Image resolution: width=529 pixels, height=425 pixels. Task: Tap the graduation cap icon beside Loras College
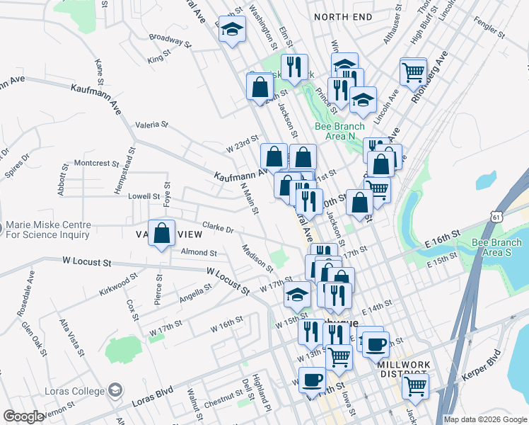(x=114, y=390)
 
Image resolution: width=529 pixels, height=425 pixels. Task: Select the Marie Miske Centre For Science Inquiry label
(x=48, y=229)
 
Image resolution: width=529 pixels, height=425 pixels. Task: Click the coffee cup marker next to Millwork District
(x=374, y=344)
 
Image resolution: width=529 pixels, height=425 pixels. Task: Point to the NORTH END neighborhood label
(x=343, y=16)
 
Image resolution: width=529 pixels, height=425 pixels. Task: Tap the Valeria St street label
(x=151, y=124)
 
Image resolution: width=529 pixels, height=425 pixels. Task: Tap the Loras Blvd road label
(x=152, y=391)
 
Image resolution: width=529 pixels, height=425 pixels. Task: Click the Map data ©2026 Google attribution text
(x=485, y=419)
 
